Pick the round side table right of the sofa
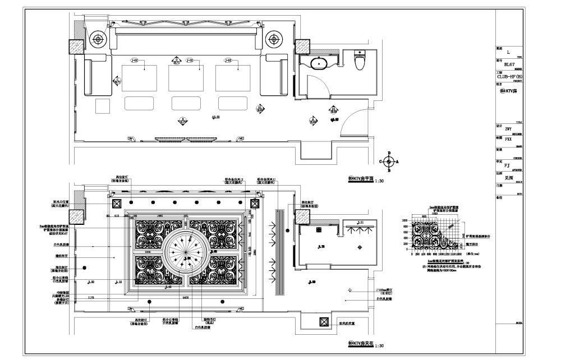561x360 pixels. pyautogui.click(x=274, y=39)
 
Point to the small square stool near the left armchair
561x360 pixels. pyautogui.click(x=103, y=106)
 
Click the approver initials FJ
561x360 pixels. pyautogui.click(x=507, y=165)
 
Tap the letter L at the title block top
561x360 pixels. pyautogui.click(x=508, y=52)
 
